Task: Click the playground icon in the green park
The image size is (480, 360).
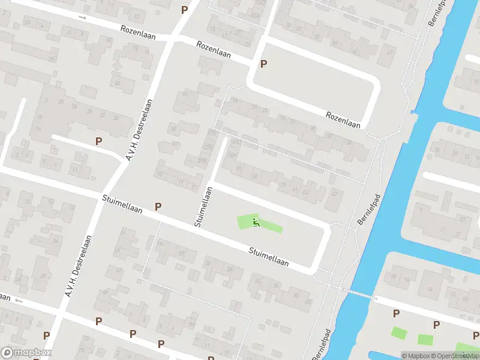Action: [256, 223]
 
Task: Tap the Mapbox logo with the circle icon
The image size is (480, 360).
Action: [26, 353]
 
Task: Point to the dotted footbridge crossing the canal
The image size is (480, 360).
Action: [359, 293]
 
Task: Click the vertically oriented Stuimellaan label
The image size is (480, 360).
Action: [203, 206]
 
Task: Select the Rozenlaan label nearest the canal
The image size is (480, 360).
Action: [343, 119]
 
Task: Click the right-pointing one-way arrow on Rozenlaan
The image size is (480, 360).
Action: [83, 17]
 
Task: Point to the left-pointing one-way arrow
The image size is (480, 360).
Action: [19, 299]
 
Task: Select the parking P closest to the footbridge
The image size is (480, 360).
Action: [396, 313]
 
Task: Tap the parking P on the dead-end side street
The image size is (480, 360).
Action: [98, 141]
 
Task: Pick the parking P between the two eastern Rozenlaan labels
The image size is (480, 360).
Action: [263, 64]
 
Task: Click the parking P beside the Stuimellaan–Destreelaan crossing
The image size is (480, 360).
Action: [158, 206]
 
